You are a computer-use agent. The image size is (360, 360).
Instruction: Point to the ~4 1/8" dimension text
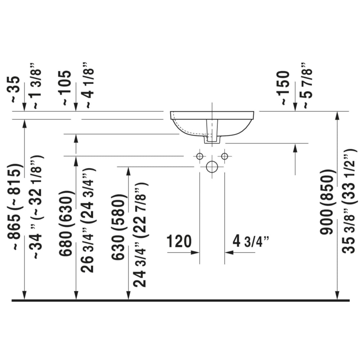pyautogui.click(x=89, y=85)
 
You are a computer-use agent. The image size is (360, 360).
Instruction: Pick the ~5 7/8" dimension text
pyautogui.click(x=307, y=85)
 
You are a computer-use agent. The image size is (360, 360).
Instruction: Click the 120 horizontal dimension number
pyautogui.click(x=179, y=241)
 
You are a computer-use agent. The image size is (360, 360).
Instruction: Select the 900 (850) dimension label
pyautogui.click(x=327, y=202)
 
